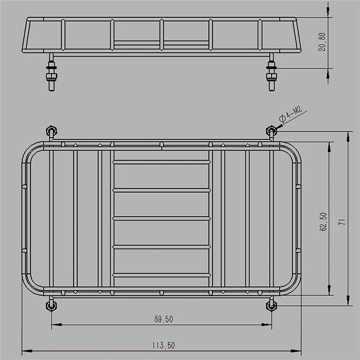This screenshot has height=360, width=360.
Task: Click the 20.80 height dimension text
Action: point(323,42)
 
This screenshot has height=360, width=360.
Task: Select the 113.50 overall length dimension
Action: point(163,346)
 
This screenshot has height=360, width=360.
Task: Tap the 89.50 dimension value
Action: point(163,319)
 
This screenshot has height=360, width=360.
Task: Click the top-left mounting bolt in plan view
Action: point(51,130)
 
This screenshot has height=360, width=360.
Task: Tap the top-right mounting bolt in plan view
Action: point(271,130)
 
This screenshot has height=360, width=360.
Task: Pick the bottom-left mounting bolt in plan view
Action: point(51,306)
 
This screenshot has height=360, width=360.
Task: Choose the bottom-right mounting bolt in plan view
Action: point(271,306)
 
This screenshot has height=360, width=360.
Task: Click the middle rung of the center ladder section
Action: point(161,218)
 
